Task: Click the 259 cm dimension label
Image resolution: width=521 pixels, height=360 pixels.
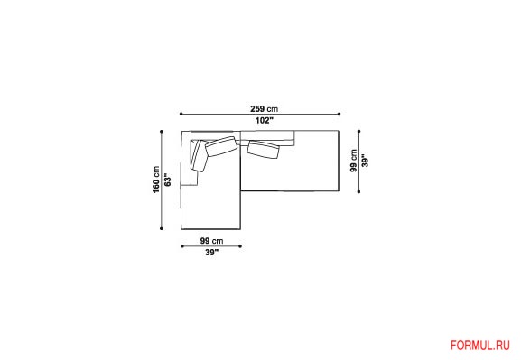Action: coord(265,108)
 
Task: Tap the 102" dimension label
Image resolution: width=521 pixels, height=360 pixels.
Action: coord(265,120)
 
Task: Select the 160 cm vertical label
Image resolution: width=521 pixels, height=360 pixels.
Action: coord(156,180)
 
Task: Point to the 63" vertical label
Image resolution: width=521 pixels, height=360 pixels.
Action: coord(167,180)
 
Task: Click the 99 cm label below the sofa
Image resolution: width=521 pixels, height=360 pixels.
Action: coord(211,240)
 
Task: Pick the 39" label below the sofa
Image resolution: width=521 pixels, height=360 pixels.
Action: coord(211,252)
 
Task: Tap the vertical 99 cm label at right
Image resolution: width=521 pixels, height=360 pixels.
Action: coord(354,161)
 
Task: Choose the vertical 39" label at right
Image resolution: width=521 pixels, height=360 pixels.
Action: coord(365,161)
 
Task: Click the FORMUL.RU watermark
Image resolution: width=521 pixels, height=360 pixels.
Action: coord(479,346)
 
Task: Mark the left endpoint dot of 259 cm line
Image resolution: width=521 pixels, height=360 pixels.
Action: coord(181,114)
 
